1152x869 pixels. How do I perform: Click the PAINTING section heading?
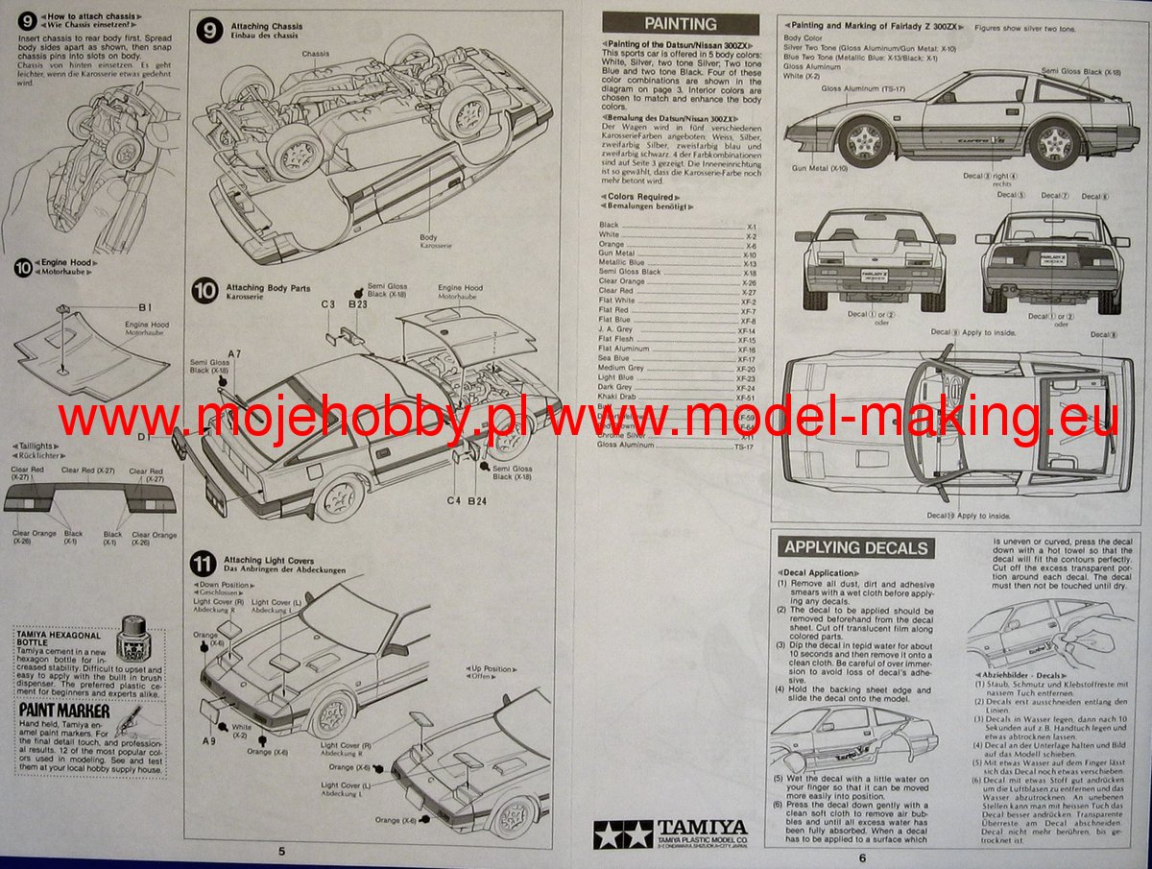(680, 24)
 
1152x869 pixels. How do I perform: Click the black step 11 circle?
(203, 563)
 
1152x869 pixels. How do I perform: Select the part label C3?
(327, 304)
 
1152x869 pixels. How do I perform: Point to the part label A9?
(209, 740)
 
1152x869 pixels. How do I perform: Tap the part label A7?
(235, 354)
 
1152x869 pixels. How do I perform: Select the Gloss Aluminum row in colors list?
(620, 446)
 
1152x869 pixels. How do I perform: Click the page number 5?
(281, 851)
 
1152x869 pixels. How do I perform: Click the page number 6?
(862, 857)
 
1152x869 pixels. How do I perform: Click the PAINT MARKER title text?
(62, 712)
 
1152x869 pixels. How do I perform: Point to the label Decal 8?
(1104, 334)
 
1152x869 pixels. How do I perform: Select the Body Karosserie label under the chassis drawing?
(434, 240)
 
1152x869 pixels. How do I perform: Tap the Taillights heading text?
(35, 446)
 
